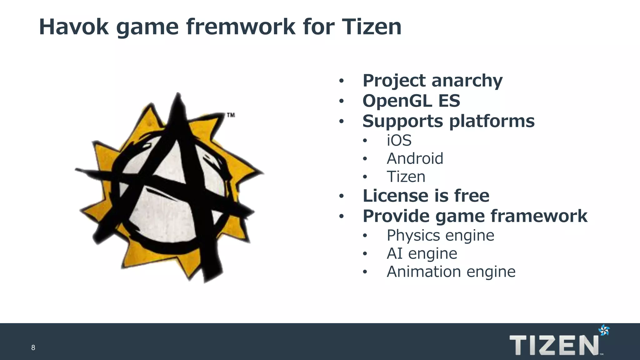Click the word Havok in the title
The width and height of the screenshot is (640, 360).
point(74,27)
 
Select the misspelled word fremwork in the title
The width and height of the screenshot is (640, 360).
point(241,27)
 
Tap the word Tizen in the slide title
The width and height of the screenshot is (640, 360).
point(372,27)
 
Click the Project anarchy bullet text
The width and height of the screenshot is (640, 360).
point(432,81)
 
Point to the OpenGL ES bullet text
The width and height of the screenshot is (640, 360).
point(411,101)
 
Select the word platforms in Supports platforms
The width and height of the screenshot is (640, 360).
point(492,121)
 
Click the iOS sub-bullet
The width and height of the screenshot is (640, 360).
point(399,140)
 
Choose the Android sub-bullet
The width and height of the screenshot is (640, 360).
point(415,158)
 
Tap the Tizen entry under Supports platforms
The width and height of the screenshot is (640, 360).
point(406,177)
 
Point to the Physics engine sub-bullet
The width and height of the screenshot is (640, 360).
point(440,235)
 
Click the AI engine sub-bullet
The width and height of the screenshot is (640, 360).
point(422,253)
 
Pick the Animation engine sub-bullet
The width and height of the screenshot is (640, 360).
point(451,272)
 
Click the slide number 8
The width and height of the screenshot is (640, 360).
point(33,347)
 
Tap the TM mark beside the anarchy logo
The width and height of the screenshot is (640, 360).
point(231,115)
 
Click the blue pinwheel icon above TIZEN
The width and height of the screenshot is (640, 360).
point(604,330)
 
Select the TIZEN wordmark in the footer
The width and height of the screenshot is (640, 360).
point(554,345)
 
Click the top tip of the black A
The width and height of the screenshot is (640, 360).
point(178,94)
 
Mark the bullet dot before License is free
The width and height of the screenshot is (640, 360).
point(342,196)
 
